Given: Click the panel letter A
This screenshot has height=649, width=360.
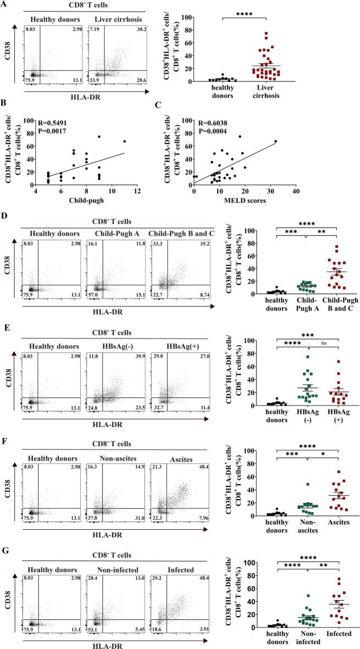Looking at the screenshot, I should (x=4, y=4).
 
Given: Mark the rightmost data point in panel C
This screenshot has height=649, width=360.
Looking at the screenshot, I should (x=275, y=141).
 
